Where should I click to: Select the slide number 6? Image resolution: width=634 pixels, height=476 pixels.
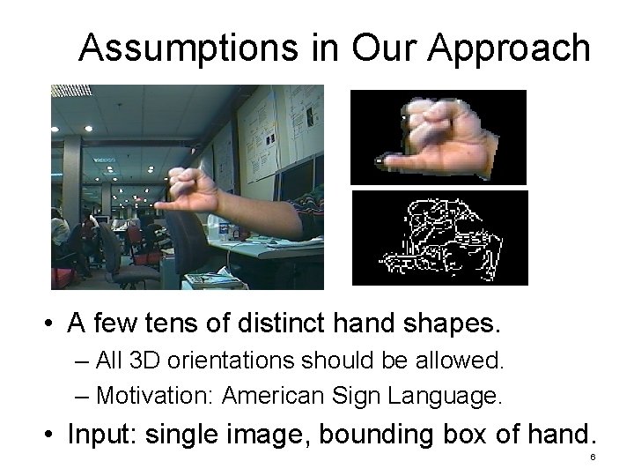[593, 457]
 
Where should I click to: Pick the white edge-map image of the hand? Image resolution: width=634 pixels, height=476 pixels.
[438, 237]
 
